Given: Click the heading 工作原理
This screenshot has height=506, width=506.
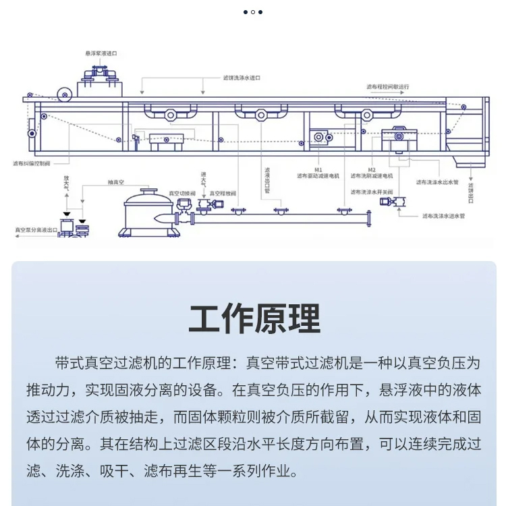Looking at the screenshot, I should click(254, 318).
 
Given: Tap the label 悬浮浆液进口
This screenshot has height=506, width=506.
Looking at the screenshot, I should click(101, 53).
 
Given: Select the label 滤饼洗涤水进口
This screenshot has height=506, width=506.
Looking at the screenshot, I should click(242, 78).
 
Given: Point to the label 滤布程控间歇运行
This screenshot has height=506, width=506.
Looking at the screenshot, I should click(388, 87).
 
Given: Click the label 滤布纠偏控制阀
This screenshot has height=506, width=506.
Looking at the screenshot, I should click(31, 163).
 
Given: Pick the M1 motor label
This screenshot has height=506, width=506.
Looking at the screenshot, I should click(318, 169).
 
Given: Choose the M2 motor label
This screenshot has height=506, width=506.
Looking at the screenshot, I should click(372, 169).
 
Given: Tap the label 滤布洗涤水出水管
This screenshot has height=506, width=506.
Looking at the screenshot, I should click(437, 182).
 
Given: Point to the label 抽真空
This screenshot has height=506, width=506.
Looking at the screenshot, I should click(117, 182).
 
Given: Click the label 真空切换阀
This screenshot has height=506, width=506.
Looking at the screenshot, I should click(182, 194).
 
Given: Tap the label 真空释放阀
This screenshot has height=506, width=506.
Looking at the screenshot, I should click(223, 194).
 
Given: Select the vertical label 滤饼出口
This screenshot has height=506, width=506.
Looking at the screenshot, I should click(470, 192).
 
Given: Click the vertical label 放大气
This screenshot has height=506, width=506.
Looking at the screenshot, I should click(65, 185).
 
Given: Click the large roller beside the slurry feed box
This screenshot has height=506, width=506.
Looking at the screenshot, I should click(64, 92).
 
